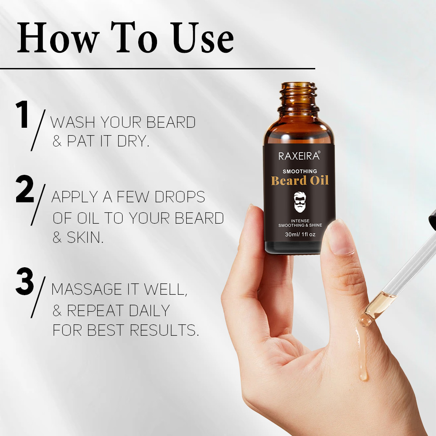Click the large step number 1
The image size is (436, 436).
pyautogui.click(x=23, y=115)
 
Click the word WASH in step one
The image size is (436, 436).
pyautogui.click(x=72, y=123)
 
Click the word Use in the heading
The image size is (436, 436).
pyautogui.click(x=203, y=39)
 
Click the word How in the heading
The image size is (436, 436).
pyautogui.click(x=58, y=39)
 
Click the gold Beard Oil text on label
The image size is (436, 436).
pyautogui.click(x=300, y=181)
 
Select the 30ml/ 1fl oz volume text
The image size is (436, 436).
pyautogui.click(x=300, y=235)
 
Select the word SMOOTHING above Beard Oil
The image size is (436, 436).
pyautogui.click(x=300, y=171)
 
